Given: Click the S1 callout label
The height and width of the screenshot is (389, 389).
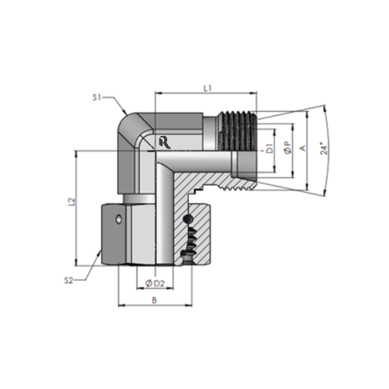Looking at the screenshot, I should (x=97, y=97).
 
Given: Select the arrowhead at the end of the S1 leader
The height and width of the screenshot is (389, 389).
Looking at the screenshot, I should (x=128, y=117).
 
